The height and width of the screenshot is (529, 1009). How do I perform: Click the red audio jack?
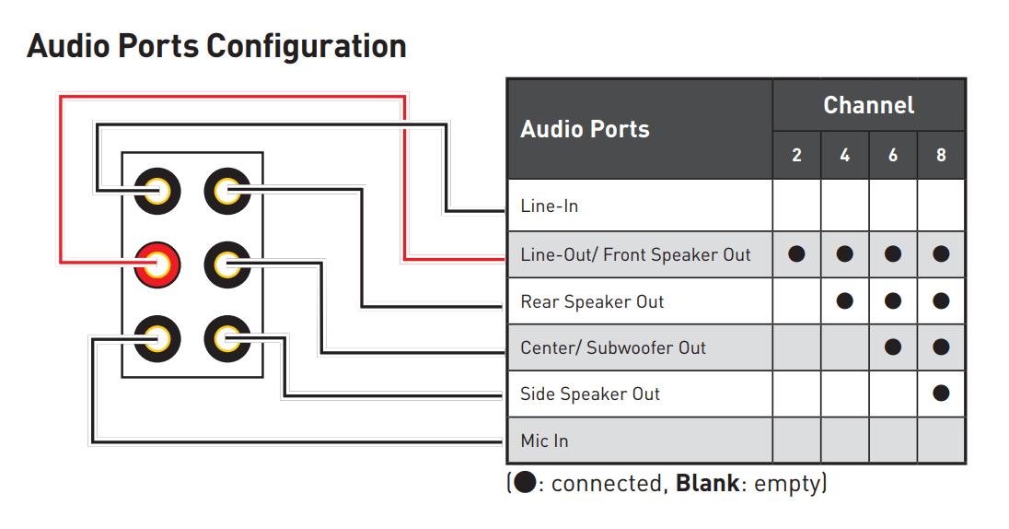[x=157, y=265]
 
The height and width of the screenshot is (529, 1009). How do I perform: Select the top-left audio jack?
[x=157, y=192]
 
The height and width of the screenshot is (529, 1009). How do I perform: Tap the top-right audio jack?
[x=226, y=192]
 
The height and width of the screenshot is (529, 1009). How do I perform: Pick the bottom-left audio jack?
[x=157, y=338]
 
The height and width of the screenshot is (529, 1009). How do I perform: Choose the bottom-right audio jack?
[x=226, y=338]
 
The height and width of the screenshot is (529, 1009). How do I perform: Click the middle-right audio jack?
[x=226, y=265]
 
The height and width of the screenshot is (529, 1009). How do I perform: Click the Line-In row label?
[x=549, y=206]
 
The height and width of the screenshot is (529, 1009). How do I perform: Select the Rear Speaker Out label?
[x=592, y=301]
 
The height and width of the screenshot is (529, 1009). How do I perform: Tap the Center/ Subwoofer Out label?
[x=613, y=347]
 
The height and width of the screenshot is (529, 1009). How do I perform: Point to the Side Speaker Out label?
[x=590, y=394]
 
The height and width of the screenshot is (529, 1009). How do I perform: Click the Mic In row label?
[x=544, y=441]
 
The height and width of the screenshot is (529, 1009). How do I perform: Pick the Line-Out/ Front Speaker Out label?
[x=635, y=254]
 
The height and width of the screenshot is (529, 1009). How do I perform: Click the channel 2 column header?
[x=796, y=155]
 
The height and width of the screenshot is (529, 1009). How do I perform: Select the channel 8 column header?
[x=940, y=155]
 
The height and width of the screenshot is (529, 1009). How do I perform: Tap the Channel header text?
[x=868, y=105]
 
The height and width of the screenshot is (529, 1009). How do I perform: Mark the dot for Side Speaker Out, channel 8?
[x=940, y=394]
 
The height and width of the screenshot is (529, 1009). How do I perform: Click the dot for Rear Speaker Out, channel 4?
[x=844, y=301]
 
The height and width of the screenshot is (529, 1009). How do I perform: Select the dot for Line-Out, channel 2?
[x=796, y=254]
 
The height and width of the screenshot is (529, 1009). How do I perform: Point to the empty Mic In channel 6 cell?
[x=892, y=441]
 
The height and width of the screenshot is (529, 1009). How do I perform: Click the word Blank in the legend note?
[x=707, y=484]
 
